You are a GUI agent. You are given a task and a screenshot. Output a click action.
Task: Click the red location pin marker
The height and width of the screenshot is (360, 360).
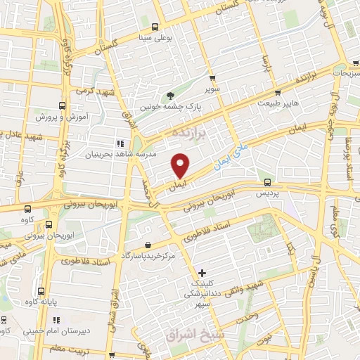(181, 165)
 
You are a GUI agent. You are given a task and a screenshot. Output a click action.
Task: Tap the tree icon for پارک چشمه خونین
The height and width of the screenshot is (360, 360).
(170, 96)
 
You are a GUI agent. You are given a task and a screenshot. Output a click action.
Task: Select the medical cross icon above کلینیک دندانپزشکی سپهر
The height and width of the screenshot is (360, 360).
(202, 272)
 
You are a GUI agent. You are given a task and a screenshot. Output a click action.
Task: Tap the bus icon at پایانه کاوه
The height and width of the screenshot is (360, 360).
(41, 290)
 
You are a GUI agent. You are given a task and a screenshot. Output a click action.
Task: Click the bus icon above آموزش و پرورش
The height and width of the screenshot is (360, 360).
(60, 101)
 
